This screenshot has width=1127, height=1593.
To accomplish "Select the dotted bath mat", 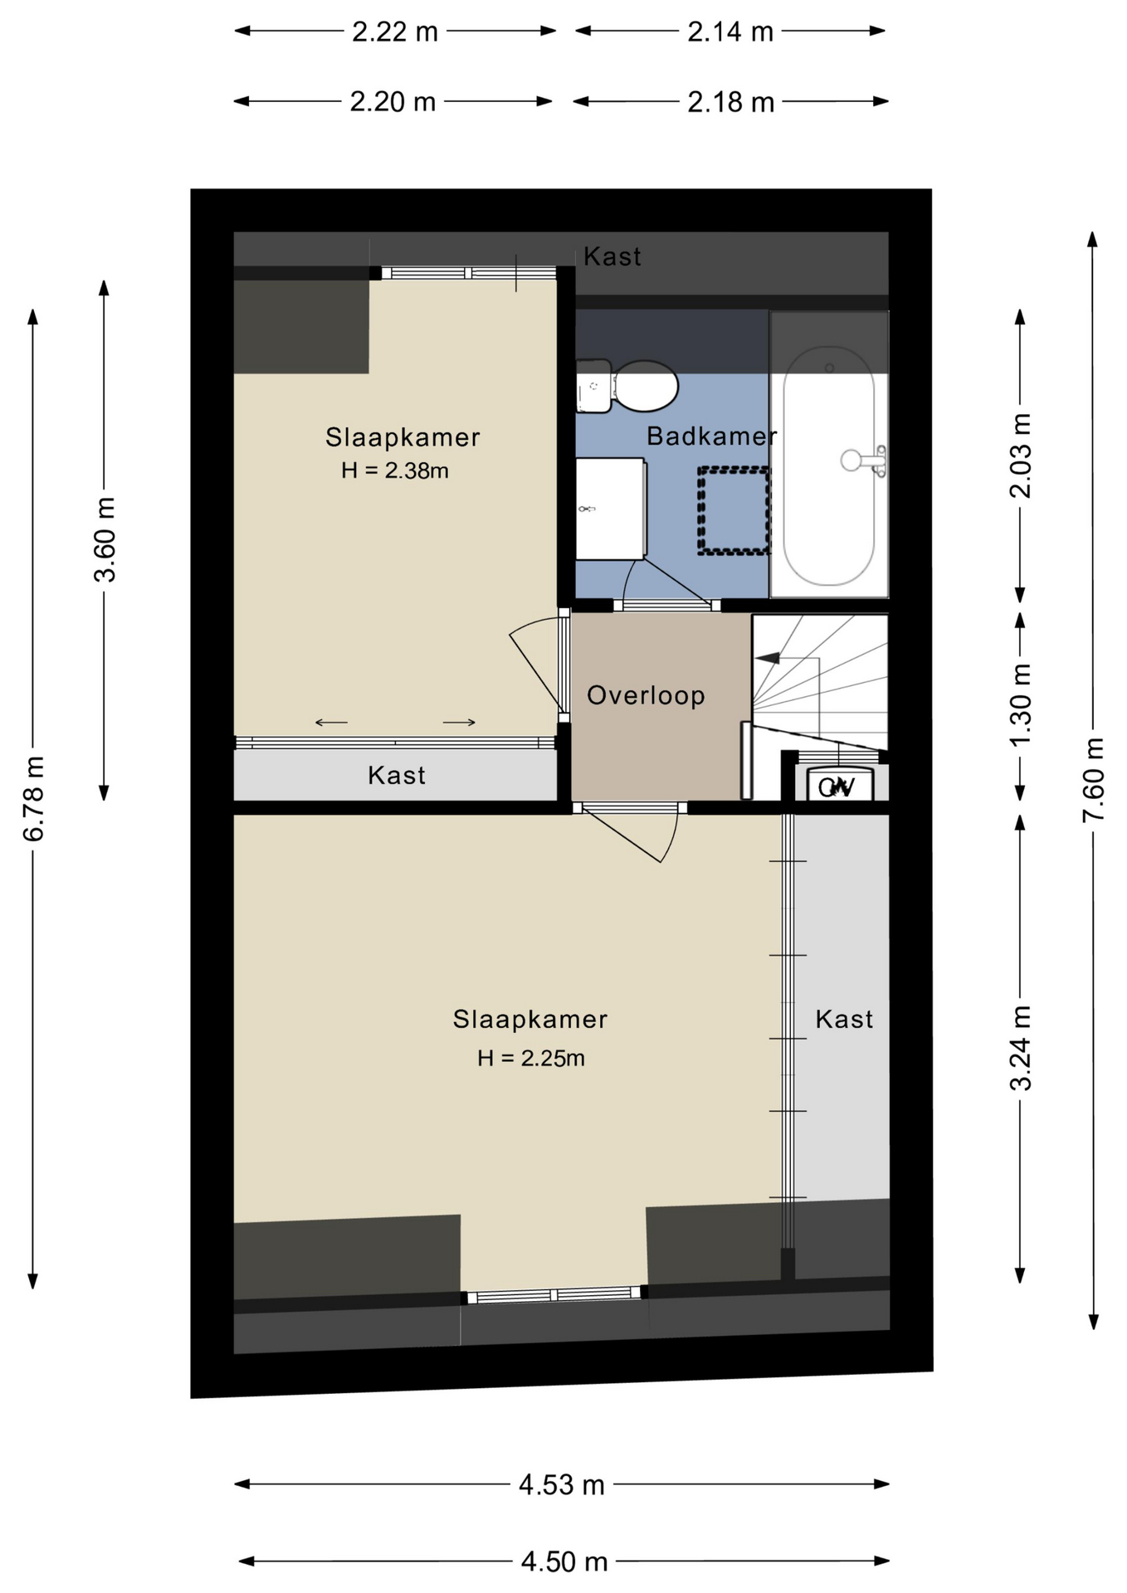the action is (734, 510).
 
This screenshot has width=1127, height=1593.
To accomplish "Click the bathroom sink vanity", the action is (611, 508).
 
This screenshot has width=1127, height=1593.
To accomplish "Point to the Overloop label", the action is (646, 695).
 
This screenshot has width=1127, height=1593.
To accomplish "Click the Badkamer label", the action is (711, 436).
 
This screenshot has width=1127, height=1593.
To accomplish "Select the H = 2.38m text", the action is (395, 470).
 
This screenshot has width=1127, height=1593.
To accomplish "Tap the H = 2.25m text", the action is (531, 1058).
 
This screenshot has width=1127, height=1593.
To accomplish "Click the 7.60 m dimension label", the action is (1093, 780).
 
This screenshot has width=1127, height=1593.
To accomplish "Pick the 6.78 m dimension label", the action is (33, 799).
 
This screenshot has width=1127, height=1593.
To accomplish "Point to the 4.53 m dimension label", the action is (562, 1484).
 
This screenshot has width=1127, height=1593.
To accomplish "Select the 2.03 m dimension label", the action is (1020, 455).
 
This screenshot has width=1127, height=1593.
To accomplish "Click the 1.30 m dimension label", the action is (1020, 705).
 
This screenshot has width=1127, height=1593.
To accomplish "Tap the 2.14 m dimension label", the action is (730, 32).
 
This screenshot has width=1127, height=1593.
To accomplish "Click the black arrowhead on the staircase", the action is (768, 658).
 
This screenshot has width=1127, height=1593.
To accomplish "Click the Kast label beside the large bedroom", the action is (844, 1019).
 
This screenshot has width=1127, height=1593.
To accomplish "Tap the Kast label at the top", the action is (612, 256).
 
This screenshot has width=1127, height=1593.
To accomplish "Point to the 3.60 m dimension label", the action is (104, 540).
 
